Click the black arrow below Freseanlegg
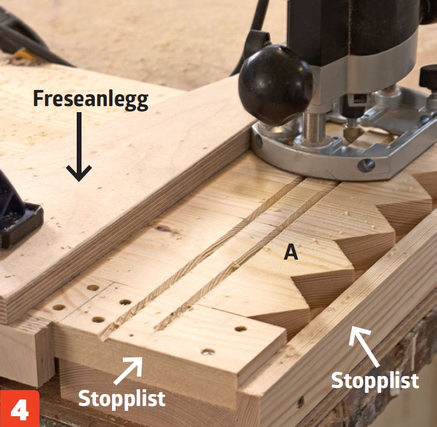tap(79, 146)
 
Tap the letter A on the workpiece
tap(291, 253)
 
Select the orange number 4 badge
tap(20, 408)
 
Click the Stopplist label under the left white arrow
tap(122, 399)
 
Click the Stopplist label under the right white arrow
tap(375, 380)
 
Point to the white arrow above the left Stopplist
tap(128, 371)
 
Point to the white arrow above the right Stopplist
tap(363, 346)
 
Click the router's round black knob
tap(275, 85)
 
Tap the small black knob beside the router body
tap(429, 77)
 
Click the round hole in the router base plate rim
tap(366, 166)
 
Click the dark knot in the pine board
tap(167, 229)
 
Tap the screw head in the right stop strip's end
tap(300, 402)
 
